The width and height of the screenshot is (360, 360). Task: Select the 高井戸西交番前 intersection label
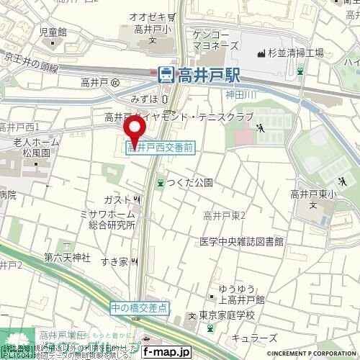(160, 147)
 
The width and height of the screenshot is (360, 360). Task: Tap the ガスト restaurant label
(117, 198)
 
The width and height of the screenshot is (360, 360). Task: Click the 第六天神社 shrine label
(66, 256)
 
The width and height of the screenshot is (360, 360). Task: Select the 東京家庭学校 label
(225, 316)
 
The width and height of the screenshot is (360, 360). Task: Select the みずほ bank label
(145, 97)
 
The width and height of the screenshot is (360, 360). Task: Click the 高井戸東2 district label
(225, 215)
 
